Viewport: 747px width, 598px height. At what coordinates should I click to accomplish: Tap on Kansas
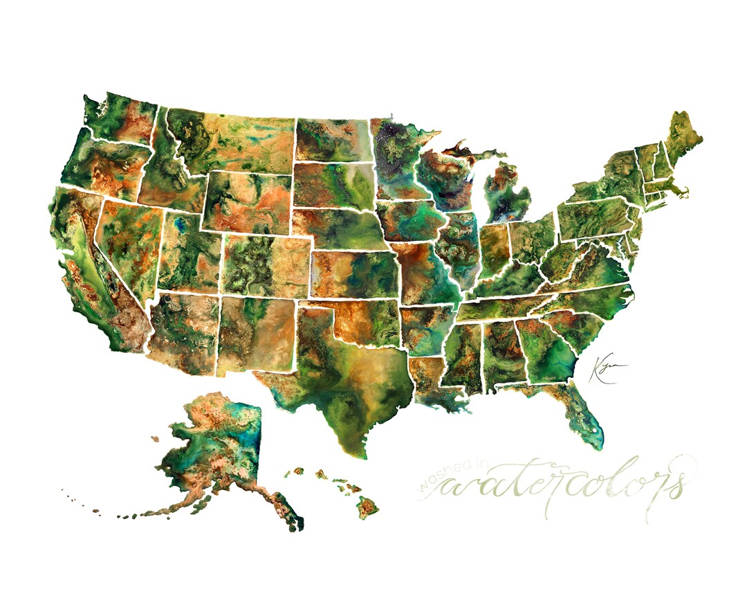click(353, 273)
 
